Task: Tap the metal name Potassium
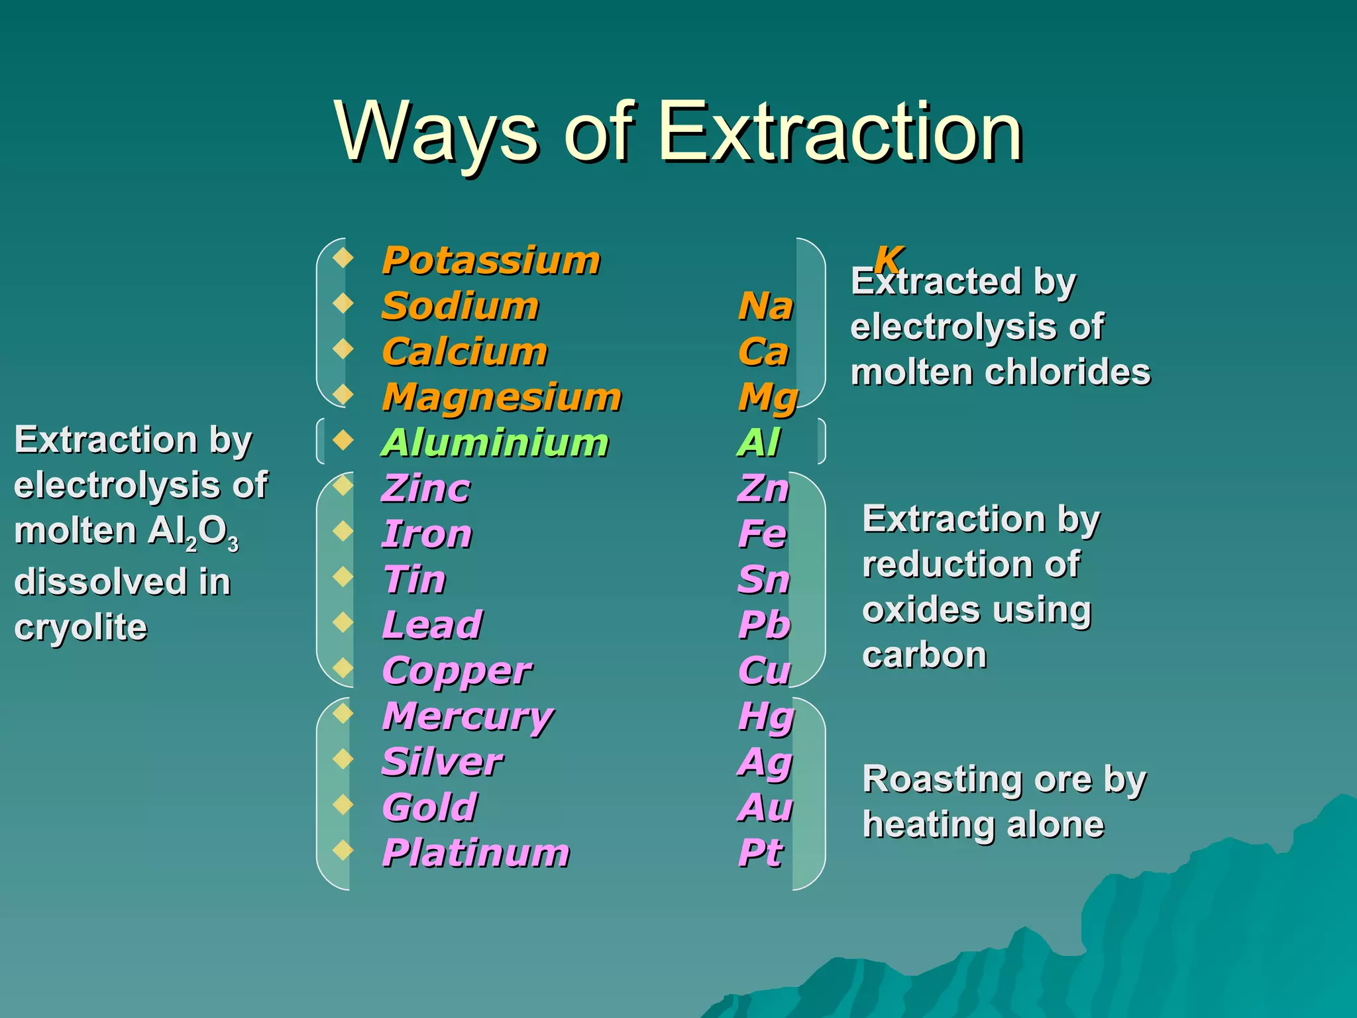coord(491,260)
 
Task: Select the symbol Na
coord(765,306)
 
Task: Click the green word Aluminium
coord(495,443)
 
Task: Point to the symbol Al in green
coord(759,443)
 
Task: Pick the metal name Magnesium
coord(502,398)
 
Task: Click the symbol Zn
coord(763,488)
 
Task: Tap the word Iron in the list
coord(427,534)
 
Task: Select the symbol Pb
coord(764,625)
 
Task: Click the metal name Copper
coord(457,671)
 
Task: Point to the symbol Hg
coord(766,717)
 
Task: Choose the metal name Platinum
coord(476,853)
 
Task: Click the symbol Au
coord(765,808)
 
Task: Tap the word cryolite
coord(81,627)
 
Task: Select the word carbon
coord(924,655)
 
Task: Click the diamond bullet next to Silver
coord(343,758)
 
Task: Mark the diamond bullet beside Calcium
coord(343,348)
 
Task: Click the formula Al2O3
coord(193,532)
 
